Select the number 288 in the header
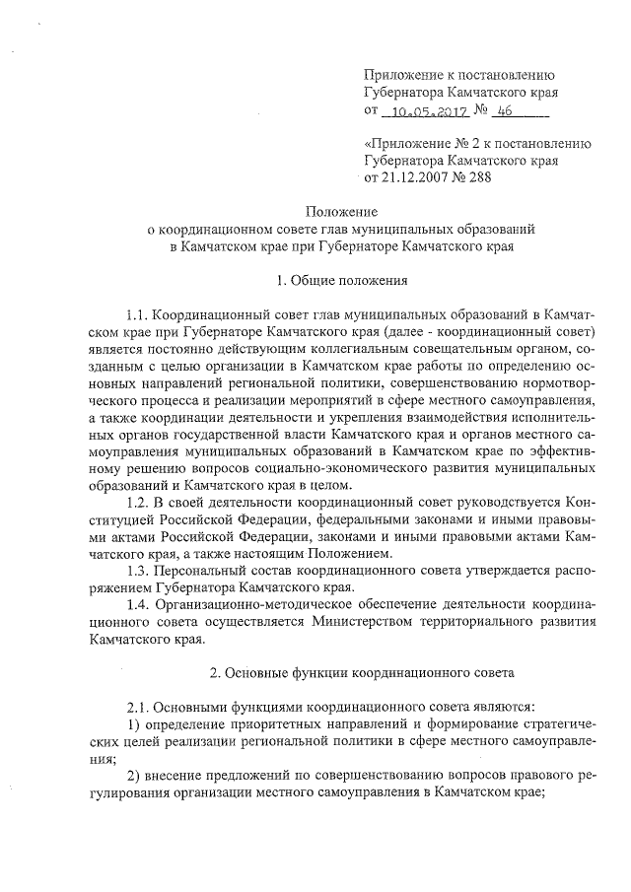click(x=476, y=176)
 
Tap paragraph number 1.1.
click(x=140, y=314)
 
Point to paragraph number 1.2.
click(x=140, y=503)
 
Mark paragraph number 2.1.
click(x=140, y=707)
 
